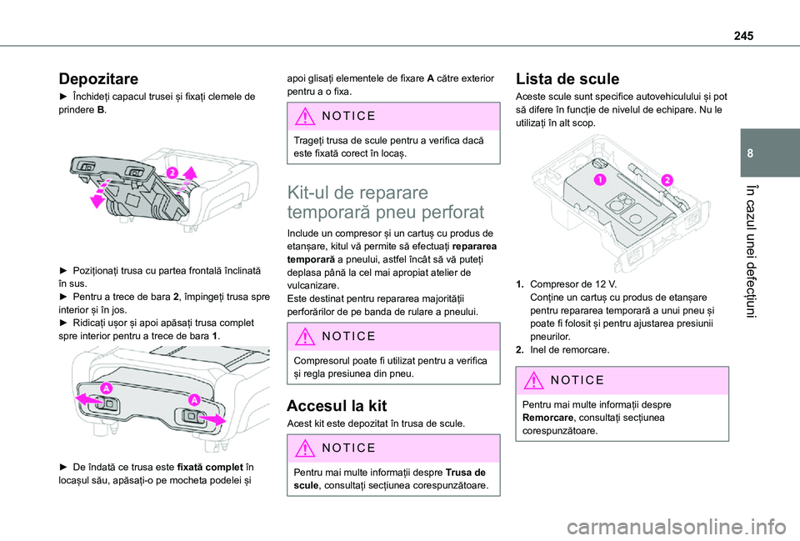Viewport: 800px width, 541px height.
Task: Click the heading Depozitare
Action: (98, 79)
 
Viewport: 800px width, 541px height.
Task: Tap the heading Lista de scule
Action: (567, 79)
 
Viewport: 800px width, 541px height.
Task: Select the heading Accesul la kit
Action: (337, 406)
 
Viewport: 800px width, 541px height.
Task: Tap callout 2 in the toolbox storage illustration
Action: (171, 173)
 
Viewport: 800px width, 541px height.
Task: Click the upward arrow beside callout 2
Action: (190, 174)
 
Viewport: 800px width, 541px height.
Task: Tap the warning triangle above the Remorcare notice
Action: (531, 380)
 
